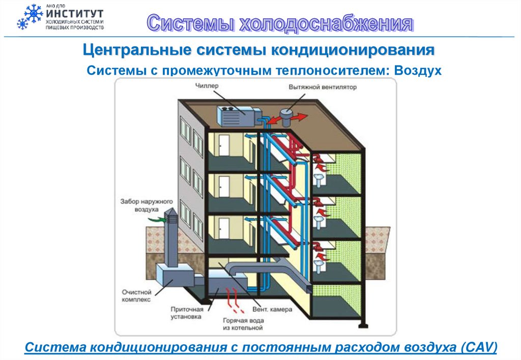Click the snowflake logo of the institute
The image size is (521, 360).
(29, 16)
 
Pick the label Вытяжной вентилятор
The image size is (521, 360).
(323, 87)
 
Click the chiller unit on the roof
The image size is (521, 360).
(236, 115)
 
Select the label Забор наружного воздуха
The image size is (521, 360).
(140, 205)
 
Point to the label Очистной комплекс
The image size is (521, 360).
(136, 296)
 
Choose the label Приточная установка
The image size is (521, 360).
(186, 312)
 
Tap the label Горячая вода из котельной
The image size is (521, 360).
(243, 324)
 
